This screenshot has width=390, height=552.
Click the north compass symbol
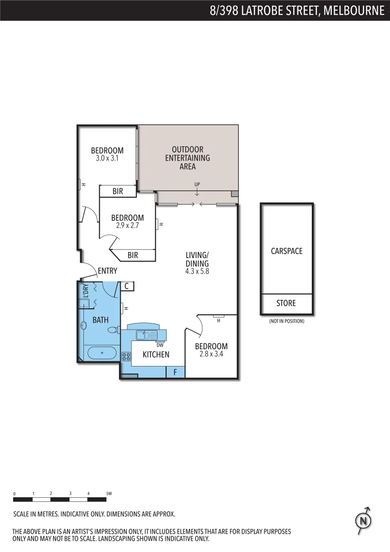[363, 521]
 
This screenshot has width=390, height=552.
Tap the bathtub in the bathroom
[100, 353]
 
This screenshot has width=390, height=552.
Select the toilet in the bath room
[113, 330]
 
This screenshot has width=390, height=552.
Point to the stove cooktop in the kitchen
[126, 357]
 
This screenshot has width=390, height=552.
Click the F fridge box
[175, 372]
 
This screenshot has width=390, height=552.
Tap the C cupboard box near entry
[126, 286]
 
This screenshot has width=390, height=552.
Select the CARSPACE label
[286, 251]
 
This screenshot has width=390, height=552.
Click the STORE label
[286, 303]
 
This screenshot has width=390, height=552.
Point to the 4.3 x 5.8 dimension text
[197, 271]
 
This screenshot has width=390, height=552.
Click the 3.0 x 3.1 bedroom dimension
[107, 158]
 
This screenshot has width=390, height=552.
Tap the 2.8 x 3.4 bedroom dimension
[211, 353]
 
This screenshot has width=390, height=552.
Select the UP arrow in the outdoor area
[197, 192]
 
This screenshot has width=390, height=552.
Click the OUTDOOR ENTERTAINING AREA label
[188, 158]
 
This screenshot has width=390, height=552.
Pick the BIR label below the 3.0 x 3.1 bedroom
[118, 192]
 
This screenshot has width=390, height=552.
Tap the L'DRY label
[85, 291]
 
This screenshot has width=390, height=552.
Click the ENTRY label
[107, 271]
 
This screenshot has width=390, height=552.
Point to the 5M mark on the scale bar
[108, 494]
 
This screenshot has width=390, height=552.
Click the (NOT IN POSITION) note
[286, 321]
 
